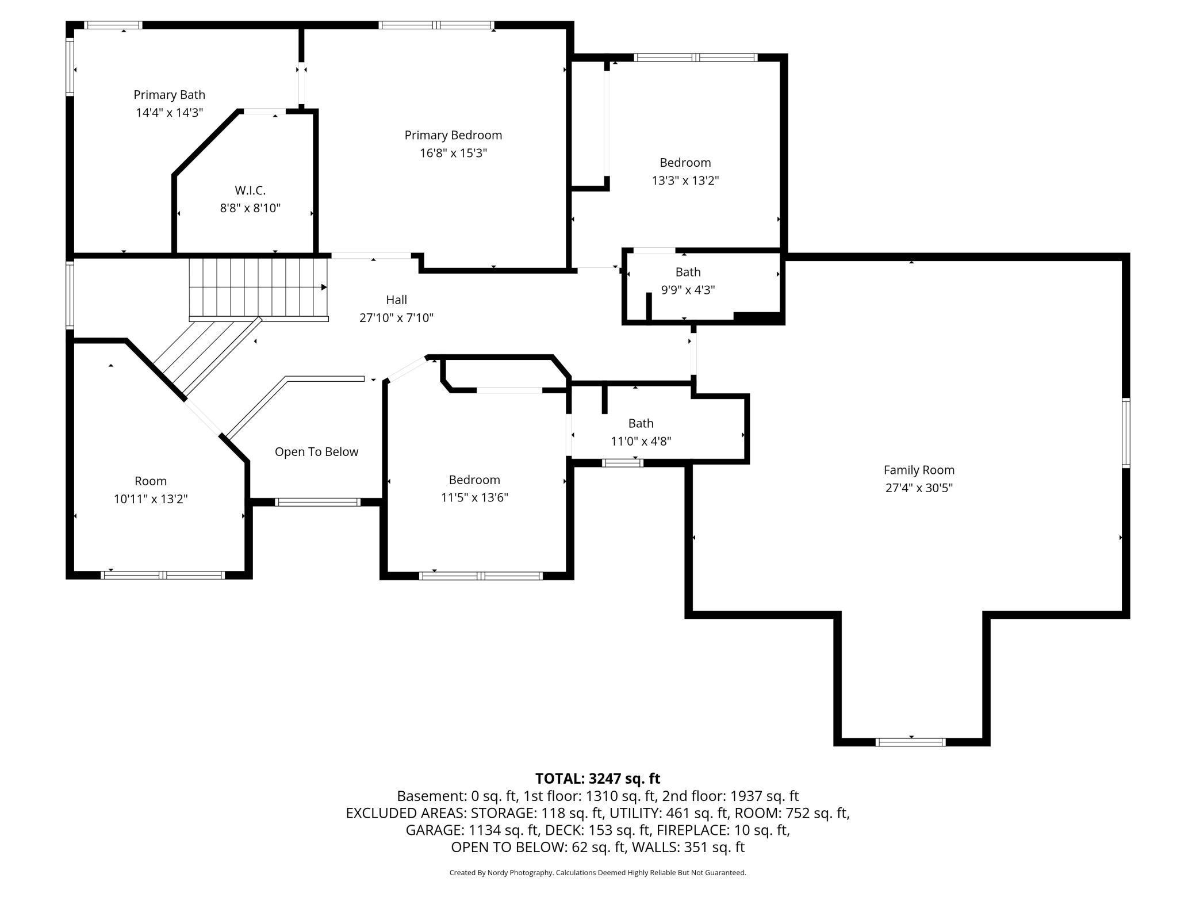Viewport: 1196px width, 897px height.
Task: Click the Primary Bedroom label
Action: coord(453,135)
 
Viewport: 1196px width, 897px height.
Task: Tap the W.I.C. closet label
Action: coord(250,190)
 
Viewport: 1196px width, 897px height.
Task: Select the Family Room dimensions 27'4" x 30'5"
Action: coord(919,488)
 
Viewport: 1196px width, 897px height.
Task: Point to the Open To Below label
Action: coord(316,452)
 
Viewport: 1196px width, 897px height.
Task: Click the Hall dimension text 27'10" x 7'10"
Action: coord(396,317)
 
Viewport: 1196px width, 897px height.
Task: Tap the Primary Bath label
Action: coord(169,95)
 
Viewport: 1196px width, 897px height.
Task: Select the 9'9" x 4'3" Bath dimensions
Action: coord(688,290)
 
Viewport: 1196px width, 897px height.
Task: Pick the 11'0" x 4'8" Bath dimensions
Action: coord(641,441)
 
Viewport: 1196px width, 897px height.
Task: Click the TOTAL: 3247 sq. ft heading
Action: coord(597,779)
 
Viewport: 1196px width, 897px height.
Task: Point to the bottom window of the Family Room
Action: coord(910,742)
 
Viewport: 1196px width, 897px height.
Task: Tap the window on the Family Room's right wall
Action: coord(1126,432)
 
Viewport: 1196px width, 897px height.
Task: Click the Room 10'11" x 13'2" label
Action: coord(151,490)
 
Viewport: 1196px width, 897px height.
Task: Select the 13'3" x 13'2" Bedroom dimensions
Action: coord(685,181)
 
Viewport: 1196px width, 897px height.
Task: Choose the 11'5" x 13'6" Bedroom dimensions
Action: coord(474,497)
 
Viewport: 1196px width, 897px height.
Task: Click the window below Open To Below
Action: coord(317,502)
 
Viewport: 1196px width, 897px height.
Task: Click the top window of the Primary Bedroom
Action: coord(436,25)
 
